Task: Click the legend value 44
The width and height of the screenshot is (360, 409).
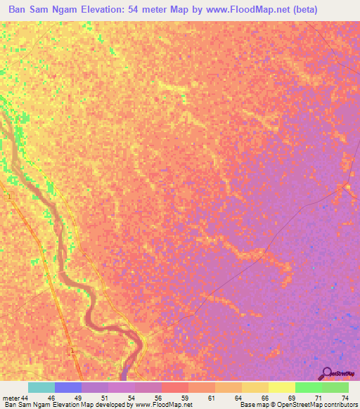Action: pyautogui.click(x=25, y=398)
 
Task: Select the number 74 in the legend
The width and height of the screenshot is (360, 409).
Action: pyautogui.click(x=345, y=398)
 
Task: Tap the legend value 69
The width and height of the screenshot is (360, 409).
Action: pyautogui.click(x=291, y=398)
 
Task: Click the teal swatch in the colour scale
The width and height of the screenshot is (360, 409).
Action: pyautogui.click(x=41, y=387)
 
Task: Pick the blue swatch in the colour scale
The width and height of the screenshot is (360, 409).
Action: pyautogui.click(x=68, y=387)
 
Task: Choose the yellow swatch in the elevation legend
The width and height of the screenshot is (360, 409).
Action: pyautogui.click(x=282, y=387)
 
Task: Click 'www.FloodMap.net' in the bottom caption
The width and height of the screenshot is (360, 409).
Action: pyautogui.click(x=160, y=405)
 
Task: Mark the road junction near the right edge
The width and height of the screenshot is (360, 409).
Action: pyautogui.click(x=344, y=186)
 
